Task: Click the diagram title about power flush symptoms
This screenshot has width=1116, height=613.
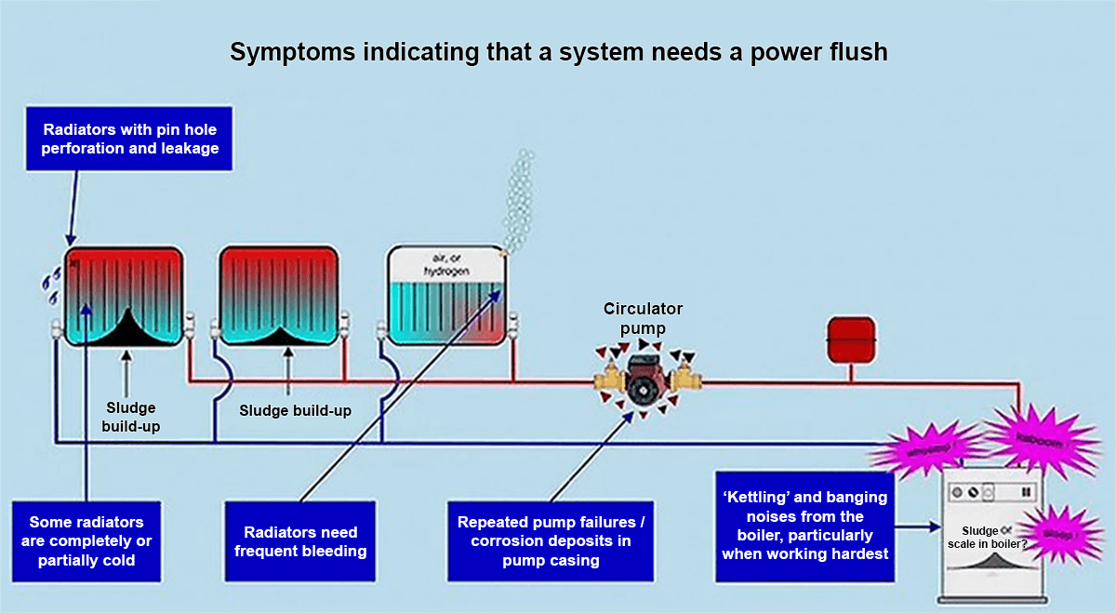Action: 558,52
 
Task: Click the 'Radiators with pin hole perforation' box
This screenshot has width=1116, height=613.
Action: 130,139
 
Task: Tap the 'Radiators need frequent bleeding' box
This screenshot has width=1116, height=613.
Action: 299,542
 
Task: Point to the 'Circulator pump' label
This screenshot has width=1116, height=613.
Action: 643,317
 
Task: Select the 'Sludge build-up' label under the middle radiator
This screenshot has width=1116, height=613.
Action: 295,410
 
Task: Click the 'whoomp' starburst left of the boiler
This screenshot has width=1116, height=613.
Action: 933,453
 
